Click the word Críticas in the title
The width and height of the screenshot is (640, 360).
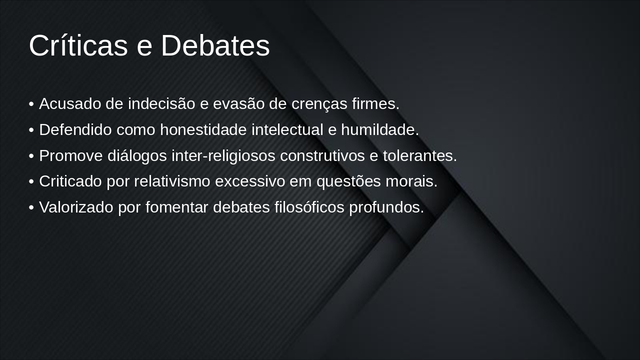click(78, 45)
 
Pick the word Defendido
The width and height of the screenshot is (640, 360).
click(75, 130)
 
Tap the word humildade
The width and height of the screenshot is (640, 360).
click(380, 130)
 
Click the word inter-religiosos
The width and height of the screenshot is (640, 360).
click(223, 156)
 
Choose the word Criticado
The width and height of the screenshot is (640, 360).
click(70, 181)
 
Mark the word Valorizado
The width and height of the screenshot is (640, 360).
click(76, 207)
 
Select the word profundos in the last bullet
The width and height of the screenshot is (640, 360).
click(386, 207)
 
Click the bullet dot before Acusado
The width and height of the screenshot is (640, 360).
click(31, 104)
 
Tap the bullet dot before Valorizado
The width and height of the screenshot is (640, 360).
click(31, 208)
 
